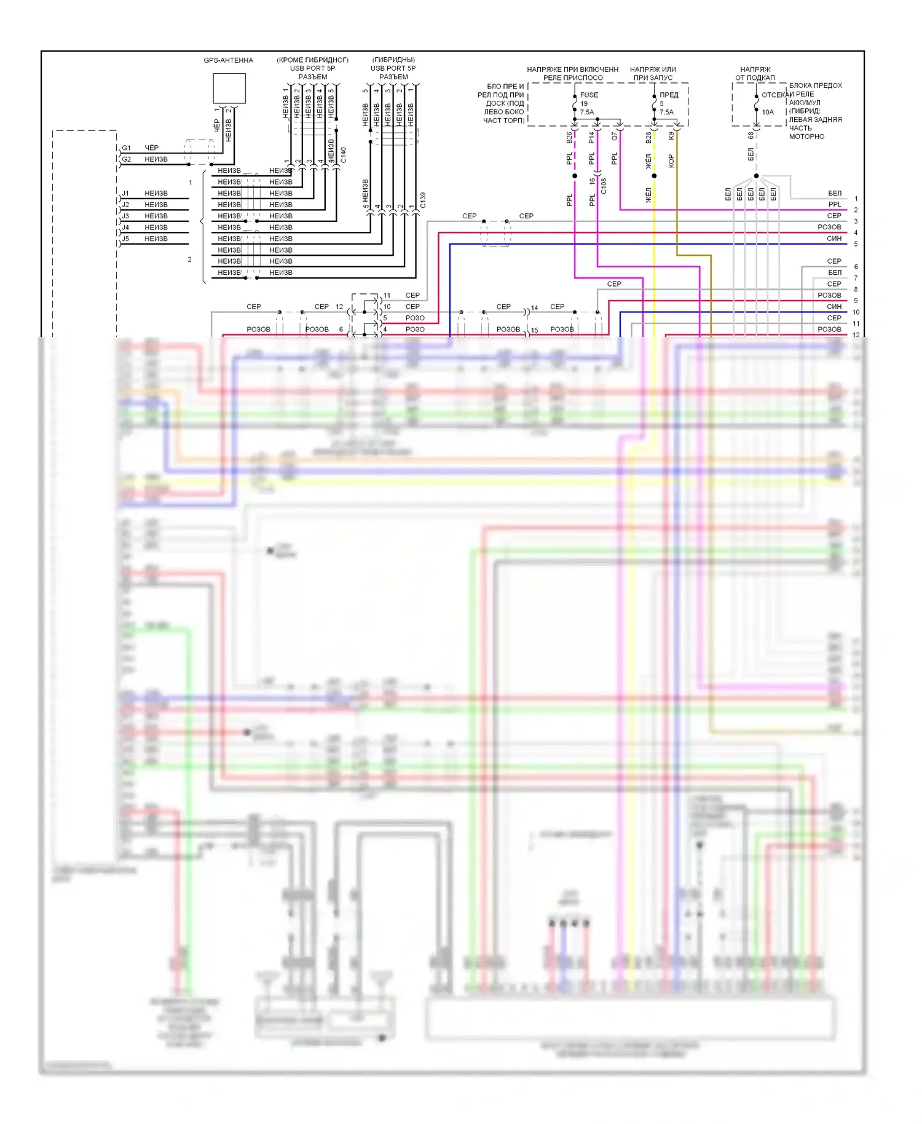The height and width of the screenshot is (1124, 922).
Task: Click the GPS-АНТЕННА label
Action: (x=228, y=60)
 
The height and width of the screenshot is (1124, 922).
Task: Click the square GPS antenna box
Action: (x=229, y=89)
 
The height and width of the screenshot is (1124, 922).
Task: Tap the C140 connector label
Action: (x=344, y=155)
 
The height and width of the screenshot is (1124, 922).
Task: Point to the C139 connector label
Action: (x=423, y=200)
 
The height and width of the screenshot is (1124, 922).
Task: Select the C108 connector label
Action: (x=604, y=186)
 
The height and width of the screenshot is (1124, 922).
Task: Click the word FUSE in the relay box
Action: (x=589, y=95)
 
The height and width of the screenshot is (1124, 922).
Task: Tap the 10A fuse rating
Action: (x=768, y=113)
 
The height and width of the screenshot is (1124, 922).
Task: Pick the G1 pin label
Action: (x=126, y=148)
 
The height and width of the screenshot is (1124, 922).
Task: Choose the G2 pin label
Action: (x=126, y=159)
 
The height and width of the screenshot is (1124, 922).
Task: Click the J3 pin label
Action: (x=125, y=216)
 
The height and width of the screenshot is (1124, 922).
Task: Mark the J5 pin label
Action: (x=125, y=239)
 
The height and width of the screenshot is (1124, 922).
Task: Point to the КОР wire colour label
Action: (x=671, y=161)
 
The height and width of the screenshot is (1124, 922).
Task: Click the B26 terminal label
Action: (x=569, y=138)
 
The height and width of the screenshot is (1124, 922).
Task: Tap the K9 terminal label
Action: (x=671, y=136)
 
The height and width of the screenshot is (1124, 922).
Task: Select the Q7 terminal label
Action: (x=614, y=137)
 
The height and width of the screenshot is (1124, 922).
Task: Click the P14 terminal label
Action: (x=592, y=138)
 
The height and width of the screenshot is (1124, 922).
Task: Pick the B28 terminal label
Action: (x=648, y=138)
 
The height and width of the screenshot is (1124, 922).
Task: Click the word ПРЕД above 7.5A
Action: (x=669, y=95)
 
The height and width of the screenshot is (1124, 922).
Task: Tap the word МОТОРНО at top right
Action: (x=806, y=137)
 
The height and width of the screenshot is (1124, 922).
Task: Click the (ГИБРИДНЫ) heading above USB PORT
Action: (x=393, y=60)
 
